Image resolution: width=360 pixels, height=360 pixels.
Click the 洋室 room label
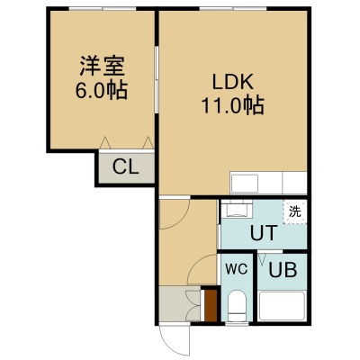tap(102, 66)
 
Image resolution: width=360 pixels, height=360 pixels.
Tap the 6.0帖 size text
tap(102, 90)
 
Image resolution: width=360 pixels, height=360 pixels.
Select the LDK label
tap(233, 82)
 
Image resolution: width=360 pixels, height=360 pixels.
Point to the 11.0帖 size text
tap(233, 105)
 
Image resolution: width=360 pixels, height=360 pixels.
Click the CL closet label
tap(126, 167)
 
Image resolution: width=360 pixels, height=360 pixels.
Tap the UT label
tap(264, 233)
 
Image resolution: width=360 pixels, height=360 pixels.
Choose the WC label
tap(237, 269)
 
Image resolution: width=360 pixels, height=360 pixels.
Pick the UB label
tap(283, 270)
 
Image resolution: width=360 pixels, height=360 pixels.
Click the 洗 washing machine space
tap(295, 211)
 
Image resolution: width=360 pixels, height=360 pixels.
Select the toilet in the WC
tap(237, 306)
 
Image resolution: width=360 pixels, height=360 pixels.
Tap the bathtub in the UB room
tap(282, 306)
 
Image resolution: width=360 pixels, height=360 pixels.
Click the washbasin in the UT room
tap(237, 209)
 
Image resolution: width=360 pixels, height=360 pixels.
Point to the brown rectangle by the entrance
tap(211, 305)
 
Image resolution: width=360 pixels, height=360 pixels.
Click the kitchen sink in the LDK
tap(244, 184)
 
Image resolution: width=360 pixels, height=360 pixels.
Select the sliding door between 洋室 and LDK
tap(157, 79)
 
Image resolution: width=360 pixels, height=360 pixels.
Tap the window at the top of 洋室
tap(103, 8)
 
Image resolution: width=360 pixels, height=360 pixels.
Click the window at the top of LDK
tap(233, 8)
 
